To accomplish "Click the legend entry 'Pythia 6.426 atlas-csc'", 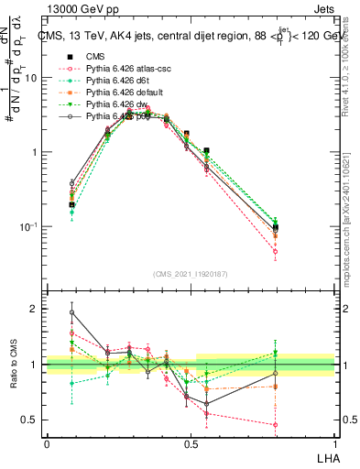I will pos(120,70).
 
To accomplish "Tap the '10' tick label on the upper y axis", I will pos(32,78).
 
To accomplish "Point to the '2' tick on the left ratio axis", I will pos(37,310).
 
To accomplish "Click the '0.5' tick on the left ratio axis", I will pos(32,420).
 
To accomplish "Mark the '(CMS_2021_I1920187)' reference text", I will pos(191,274).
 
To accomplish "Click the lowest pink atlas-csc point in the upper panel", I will pos(300,251).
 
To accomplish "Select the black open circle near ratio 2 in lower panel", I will pos(71,312).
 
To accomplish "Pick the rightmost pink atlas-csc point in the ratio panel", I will pos(300,424).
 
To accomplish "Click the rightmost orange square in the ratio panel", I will pos(300,387).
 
